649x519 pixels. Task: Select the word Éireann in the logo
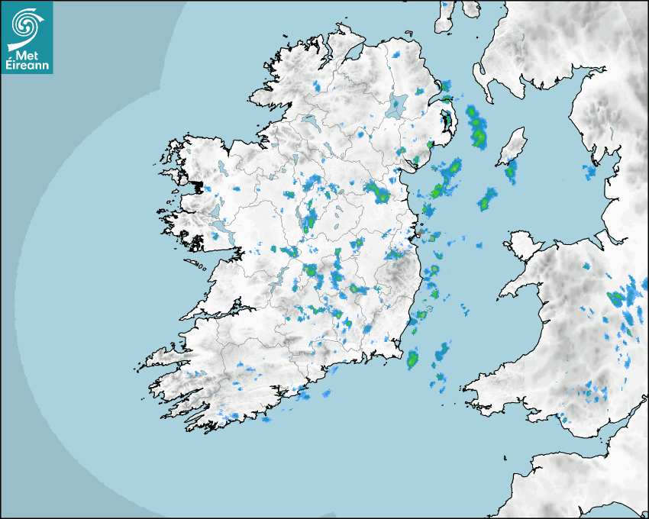(29, 66)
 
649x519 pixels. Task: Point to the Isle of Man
(512, 147)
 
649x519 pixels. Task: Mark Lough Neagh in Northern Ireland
(397, 105)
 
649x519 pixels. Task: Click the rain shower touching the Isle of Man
(511, 172)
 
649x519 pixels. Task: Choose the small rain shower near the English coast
(590, 172)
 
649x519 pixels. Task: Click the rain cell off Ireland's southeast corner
(413, 356)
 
